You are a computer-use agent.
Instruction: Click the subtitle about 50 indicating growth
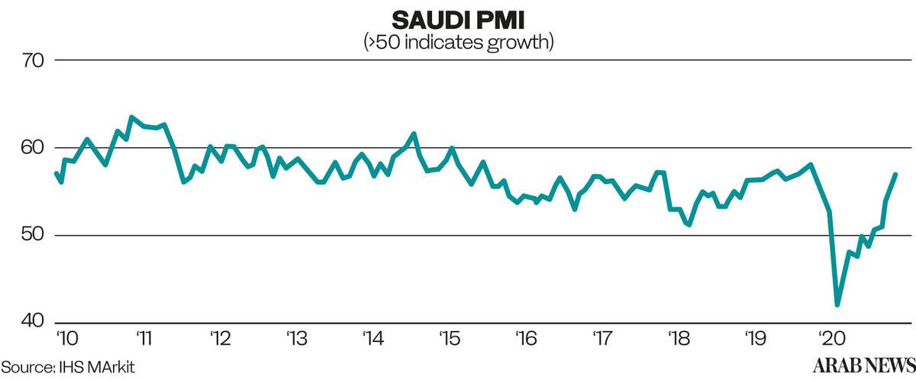(x=458, y=42)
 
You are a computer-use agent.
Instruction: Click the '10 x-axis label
(x=66, y=337)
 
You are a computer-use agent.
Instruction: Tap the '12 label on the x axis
(x=219, y=337)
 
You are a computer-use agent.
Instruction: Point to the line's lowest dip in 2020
(x=837, y=304)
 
